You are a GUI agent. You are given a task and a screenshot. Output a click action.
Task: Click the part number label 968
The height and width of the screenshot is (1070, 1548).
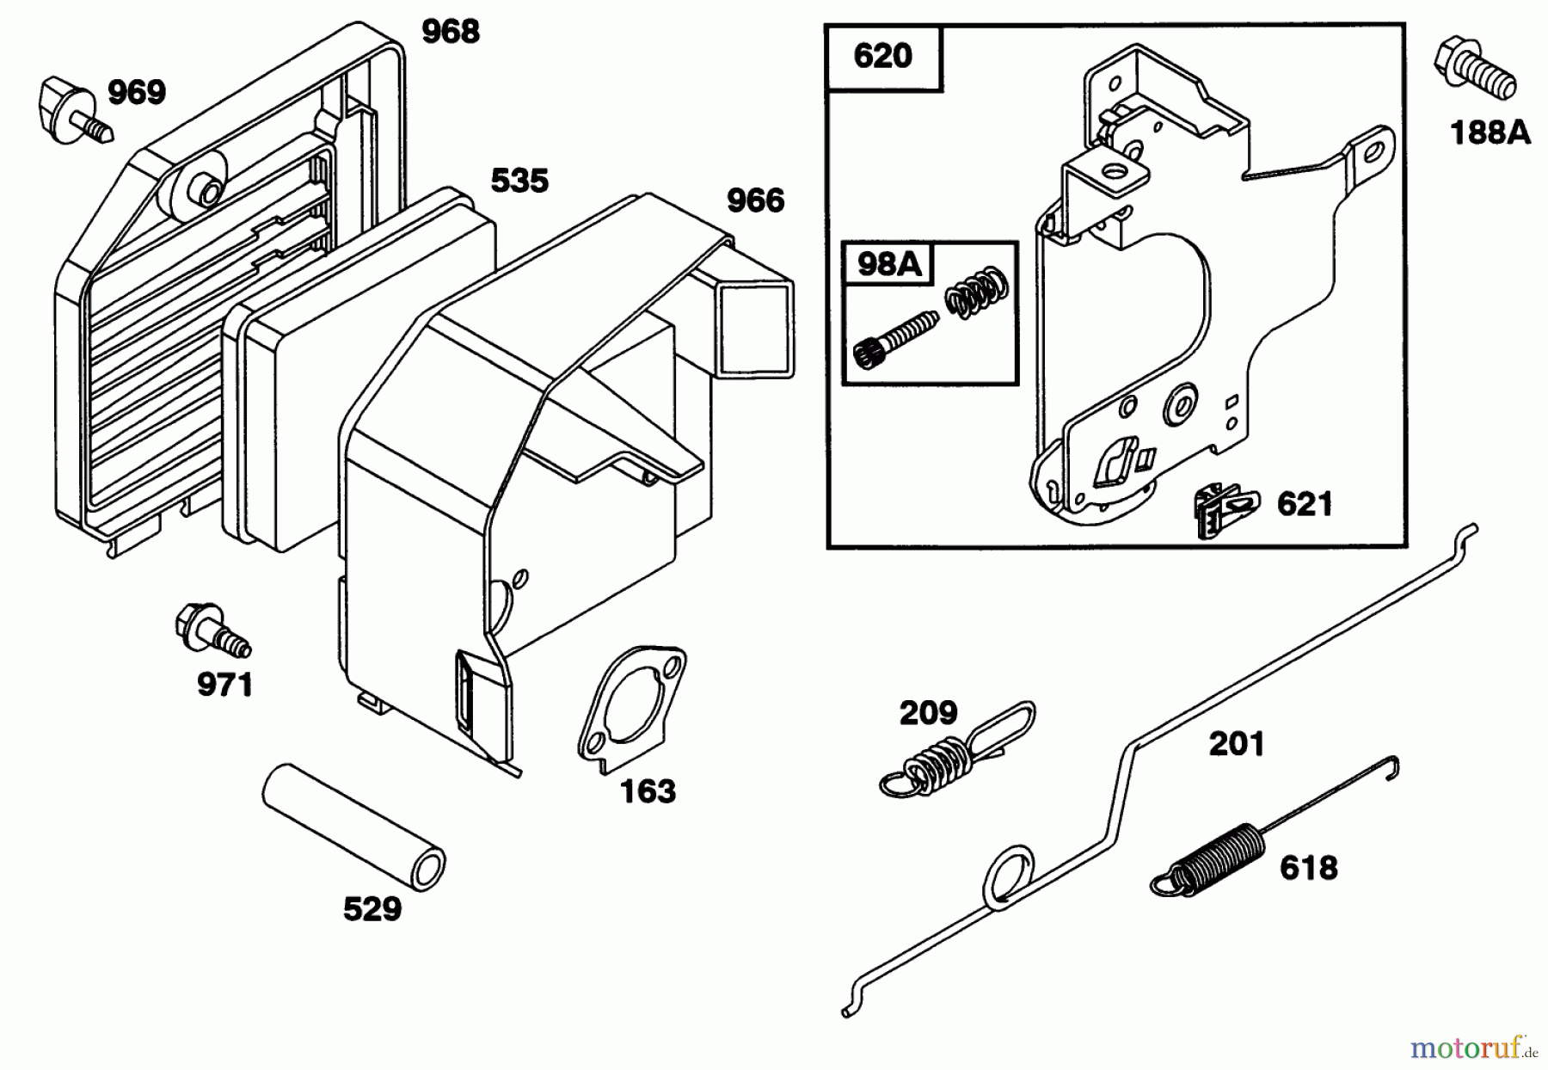coord(450,32)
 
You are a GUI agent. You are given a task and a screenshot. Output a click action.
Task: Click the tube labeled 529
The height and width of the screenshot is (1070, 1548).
coord(354,821)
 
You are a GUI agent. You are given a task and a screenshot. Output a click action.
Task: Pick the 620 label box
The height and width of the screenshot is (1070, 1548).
coord(883,57)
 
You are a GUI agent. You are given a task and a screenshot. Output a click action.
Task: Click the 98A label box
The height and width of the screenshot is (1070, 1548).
coord(888,264)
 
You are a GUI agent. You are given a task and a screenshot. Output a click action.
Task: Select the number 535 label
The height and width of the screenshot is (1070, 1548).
coord(519,181)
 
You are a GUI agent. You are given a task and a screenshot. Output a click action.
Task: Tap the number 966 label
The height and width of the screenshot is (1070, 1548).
coord(755,200)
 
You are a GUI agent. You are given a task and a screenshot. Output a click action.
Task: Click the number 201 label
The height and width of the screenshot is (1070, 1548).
coord(1237,743)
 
